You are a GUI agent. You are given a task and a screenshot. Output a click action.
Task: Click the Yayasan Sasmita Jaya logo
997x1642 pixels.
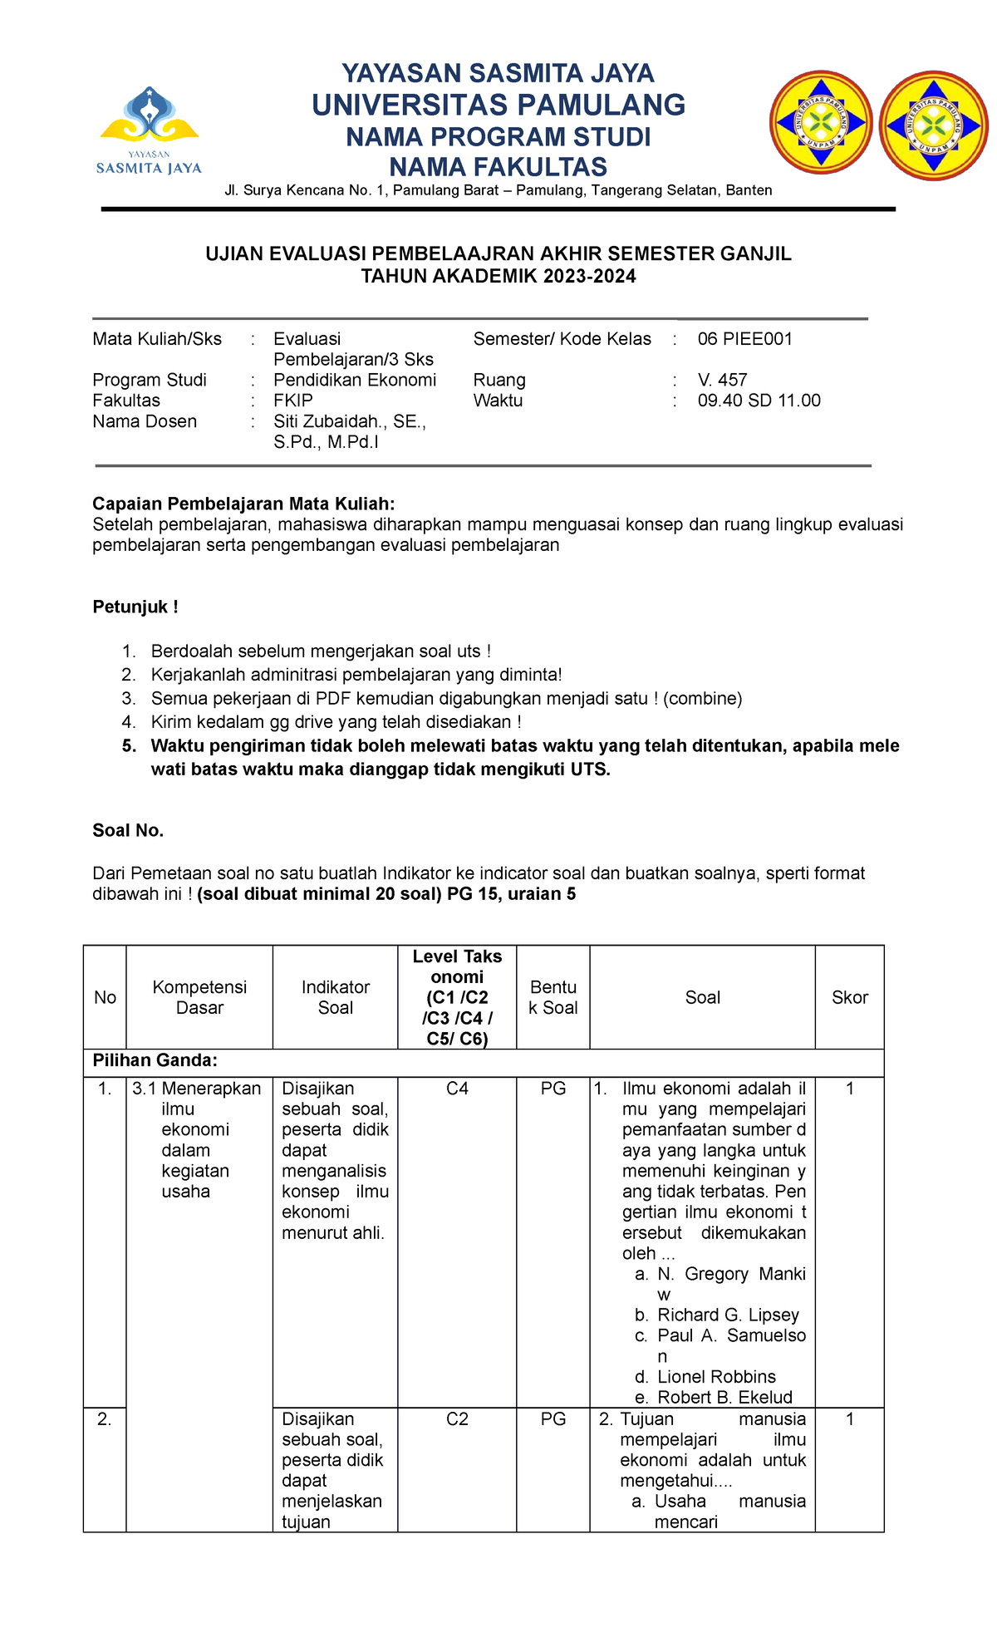pos(150,130)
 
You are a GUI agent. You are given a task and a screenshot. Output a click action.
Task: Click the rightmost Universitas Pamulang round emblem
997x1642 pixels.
pos(933,125)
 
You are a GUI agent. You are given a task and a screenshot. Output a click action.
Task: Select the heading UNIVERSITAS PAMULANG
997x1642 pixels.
pos(498,106)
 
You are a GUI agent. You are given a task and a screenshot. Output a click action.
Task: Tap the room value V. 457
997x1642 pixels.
pos(722,380)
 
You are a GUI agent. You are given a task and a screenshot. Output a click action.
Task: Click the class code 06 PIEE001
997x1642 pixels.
pos(744,339)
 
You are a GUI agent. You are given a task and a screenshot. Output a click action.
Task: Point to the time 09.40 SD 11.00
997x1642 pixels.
pos(759,401)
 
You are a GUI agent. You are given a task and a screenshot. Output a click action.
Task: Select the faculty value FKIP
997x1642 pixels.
pos(293,401)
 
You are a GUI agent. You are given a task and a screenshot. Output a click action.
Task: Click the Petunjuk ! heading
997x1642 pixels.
pos(135,607)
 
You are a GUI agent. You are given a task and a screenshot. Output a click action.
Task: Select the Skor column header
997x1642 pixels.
pos(849,998)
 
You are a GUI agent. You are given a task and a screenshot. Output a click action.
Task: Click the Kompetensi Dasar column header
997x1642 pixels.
pos(199,998)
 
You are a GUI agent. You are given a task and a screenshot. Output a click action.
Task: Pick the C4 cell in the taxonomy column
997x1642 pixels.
pos(457,1089)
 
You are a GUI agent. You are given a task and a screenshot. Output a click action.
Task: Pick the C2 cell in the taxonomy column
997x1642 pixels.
pos(457,1419)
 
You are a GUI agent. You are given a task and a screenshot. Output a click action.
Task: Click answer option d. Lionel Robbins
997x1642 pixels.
pos(715,1377)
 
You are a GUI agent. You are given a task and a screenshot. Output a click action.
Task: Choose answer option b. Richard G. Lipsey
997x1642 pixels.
pos(727,1315)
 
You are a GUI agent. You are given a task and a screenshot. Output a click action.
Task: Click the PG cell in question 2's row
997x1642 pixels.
pos(553,1419)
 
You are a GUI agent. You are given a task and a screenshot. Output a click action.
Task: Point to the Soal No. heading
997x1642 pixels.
pos(128,831)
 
